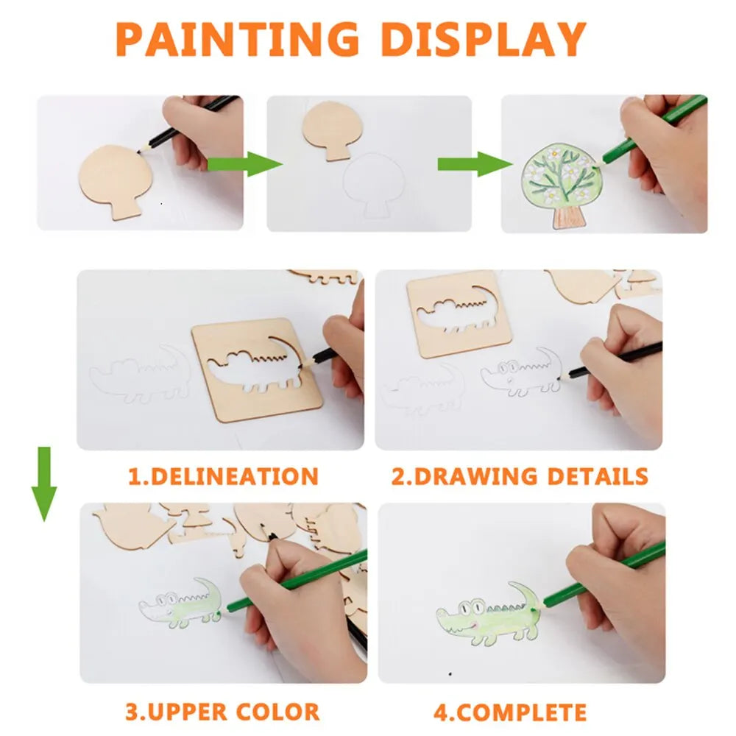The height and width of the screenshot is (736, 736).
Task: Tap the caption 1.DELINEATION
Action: coord(223,476)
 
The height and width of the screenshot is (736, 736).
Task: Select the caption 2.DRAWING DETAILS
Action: coord(520,476)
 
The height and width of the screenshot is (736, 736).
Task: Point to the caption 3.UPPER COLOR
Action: coord(222,712)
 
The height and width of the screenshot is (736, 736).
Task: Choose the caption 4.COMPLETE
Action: coord(509,712)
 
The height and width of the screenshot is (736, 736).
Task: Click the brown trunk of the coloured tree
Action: coord(567,214)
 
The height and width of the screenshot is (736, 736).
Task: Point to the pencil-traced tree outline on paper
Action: coord(378,184)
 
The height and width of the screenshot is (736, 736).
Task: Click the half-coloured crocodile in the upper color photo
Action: coord(181,603)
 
